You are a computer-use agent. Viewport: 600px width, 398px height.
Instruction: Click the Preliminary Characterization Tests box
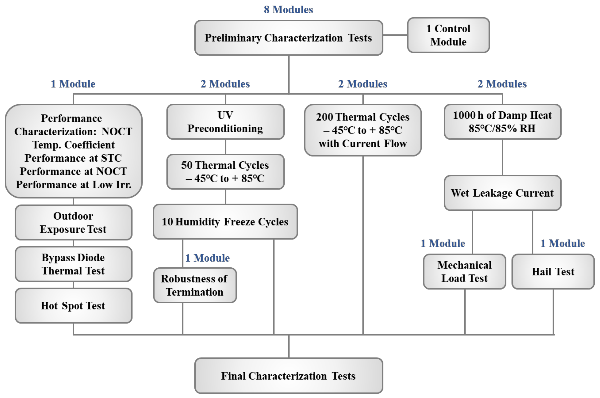click(x=289, y=38)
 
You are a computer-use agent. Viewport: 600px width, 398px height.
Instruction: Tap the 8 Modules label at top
click(x=288, y=10)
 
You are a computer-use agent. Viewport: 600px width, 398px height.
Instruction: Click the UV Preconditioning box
click(x=225, y=122)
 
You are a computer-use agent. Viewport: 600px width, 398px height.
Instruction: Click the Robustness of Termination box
click(x=195, y=285)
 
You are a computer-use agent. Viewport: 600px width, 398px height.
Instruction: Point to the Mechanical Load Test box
click(x=464, y=272)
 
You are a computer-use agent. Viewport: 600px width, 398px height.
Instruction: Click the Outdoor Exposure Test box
click(x=73, y=223)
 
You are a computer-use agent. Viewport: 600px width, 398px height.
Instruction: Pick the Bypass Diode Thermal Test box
click(x=73, y=264)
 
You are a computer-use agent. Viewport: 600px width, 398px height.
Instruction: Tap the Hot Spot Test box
click(x=73, y=306)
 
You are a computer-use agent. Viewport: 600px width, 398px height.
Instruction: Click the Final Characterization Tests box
click(x=289, y=376)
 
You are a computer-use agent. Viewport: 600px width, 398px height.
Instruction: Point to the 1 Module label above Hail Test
click(x=562, y=243)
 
